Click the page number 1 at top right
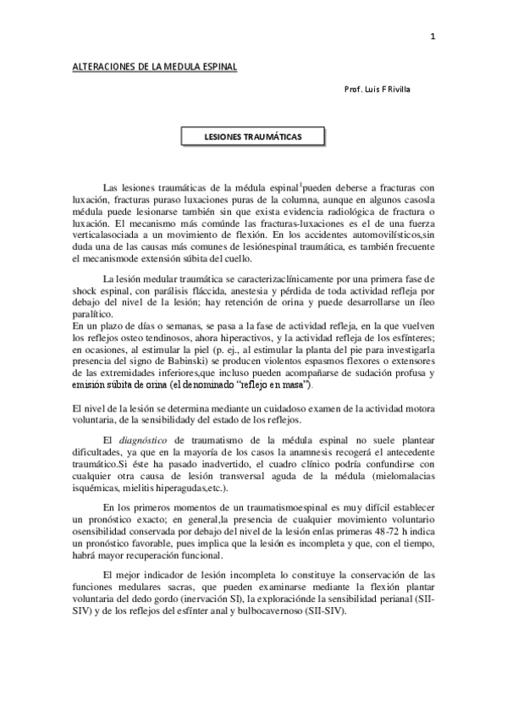point(433,36)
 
